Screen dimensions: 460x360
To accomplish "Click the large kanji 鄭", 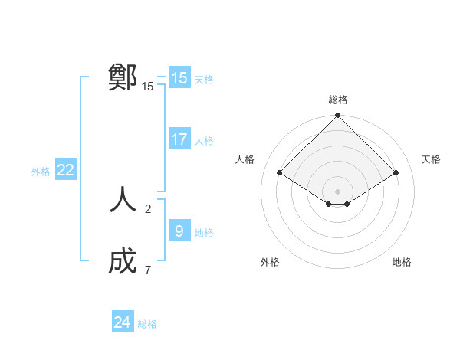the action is click(x=123, y=77).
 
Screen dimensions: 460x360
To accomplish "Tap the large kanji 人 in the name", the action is click(x=123, y=201).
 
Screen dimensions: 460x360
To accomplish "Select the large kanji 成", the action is click(x=123, y=262).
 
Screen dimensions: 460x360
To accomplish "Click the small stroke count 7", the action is click(x=148, y=270).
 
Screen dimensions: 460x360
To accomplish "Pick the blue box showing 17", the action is click(x=179, y=139).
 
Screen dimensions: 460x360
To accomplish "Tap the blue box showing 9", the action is click(x=179, y=231).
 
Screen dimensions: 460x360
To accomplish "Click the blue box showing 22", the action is click(x=66, y=170).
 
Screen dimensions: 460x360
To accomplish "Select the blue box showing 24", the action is click(x=123, y=322).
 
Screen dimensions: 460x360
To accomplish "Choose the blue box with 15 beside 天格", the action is click(x=179, y=78).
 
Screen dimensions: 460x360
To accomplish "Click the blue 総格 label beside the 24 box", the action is click(x=147, y=324).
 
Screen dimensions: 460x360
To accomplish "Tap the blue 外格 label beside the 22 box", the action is click(x=41, y=172).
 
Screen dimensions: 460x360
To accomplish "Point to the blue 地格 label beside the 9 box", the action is click(x=204, y=233).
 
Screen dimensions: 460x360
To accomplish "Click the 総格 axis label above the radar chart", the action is click(x=338, y=100).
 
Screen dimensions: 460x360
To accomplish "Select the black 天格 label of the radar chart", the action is click(x=431, y=159).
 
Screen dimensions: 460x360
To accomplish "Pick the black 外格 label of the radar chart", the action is click(x=270, y=262).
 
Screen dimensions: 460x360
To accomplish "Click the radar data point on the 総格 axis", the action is click(x=338, y=116).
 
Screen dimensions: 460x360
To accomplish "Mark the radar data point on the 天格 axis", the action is click(x=396, y=172).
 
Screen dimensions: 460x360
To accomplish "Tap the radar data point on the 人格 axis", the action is click(x=280, y=172).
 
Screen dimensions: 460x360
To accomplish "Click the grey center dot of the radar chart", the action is click(x=338, y=191).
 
